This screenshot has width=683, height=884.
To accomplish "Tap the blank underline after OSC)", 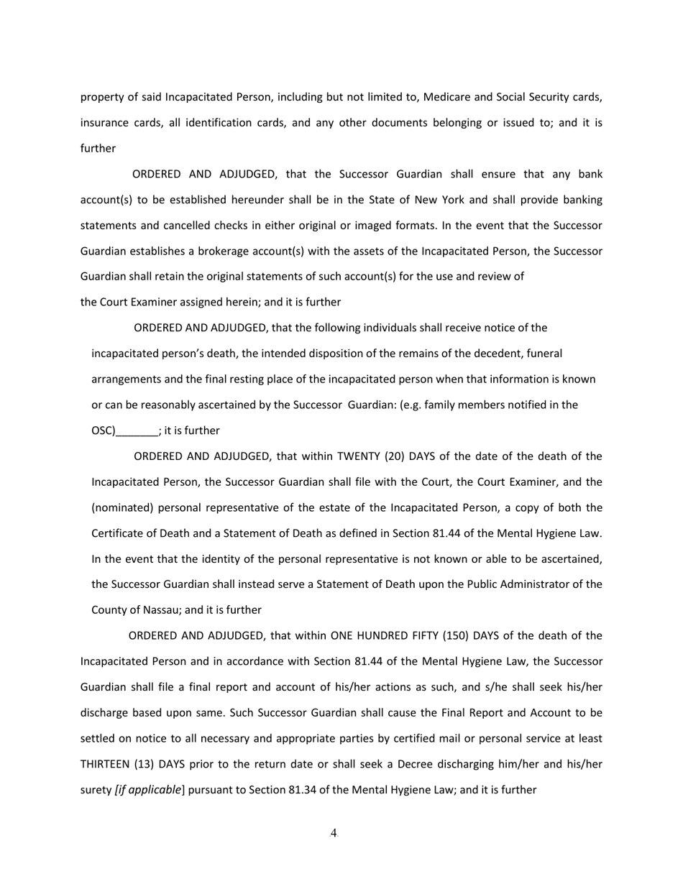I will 137,431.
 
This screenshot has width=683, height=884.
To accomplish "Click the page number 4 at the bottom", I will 334,834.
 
